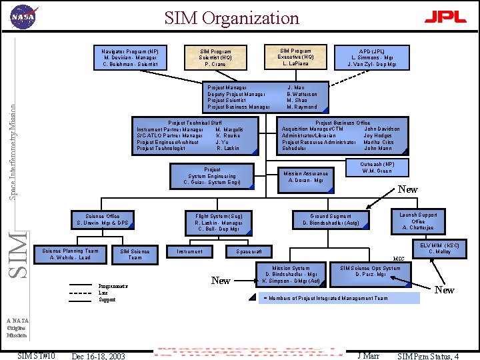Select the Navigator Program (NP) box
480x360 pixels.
point(130,57)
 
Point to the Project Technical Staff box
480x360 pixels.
point(195,135)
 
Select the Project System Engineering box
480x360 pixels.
point(213,176)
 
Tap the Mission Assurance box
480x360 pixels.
point(306,177)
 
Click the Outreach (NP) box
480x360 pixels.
point(377,167)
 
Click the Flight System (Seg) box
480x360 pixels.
point(219,222)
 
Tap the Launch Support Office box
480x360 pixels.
point(418,221)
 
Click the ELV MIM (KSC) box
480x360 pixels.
point(435,249)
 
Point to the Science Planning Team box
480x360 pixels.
point(70,254)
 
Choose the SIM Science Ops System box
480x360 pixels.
point(371,271)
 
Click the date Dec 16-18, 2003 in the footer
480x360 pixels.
point(98,355)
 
